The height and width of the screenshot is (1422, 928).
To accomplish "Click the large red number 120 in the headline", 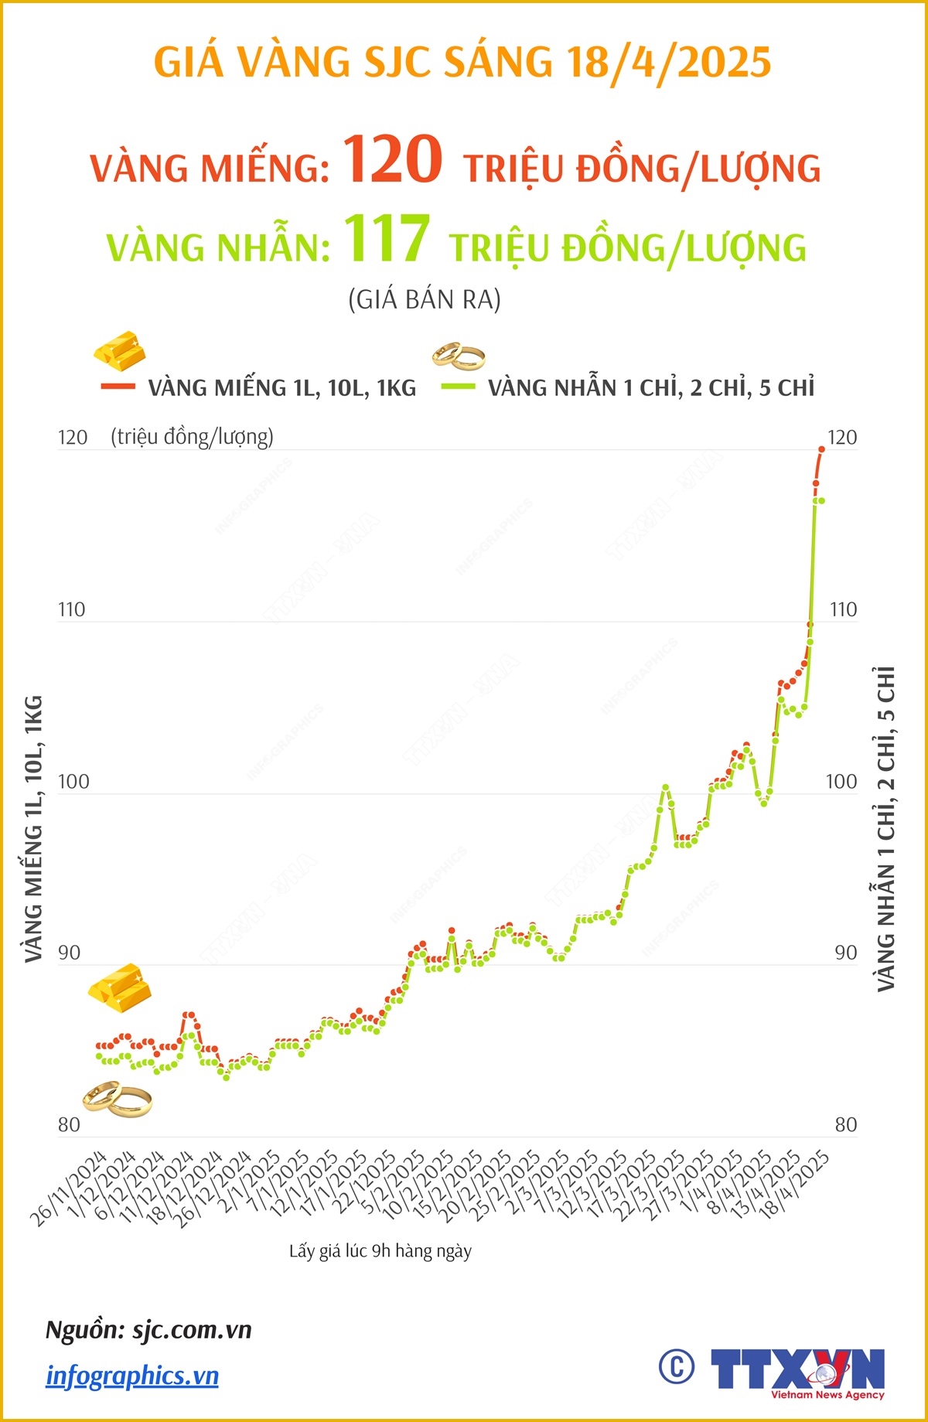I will (x=392, y=159).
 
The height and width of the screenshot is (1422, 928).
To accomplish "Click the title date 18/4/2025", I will (x=669, y=62).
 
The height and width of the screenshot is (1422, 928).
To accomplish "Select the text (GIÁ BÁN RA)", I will (x=425, y=299).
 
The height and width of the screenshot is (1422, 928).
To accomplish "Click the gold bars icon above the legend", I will (x=121, y=350).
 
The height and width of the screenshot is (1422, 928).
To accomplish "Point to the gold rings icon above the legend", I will (x=458, y=355).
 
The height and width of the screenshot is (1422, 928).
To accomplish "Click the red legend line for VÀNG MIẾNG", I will (x=118, y=386).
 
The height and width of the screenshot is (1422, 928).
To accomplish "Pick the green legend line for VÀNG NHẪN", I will (x=457, y=386).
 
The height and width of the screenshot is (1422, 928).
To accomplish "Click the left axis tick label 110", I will (x=71, y=609).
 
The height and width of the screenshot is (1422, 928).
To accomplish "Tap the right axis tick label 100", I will (x=841, y=781).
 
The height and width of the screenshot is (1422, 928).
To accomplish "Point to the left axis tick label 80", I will (x=69, y=1124).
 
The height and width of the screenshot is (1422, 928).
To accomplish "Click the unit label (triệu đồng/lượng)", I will (x=192, y=437).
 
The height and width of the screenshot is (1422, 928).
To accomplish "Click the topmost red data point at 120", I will (x=821, y=449).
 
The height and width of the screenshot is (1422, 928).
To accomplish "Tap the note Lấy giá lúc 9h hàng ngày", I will (x=380, y=1251).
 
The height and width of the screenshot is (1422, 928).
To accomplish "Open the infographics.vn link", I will (x=132, y=1376).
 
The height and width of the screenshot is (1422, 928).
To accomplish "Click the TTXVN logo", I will (x=797, y=1371).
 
